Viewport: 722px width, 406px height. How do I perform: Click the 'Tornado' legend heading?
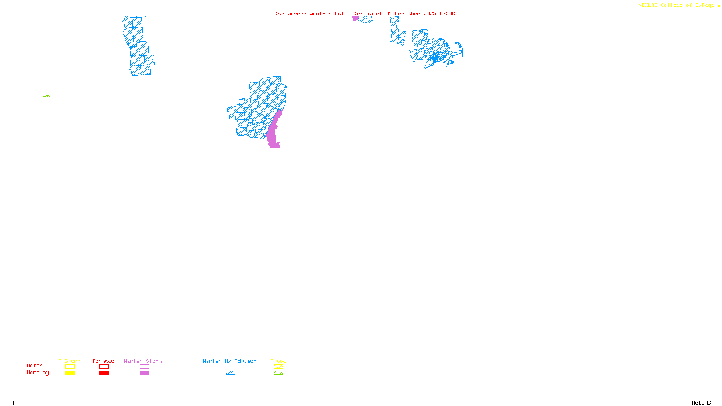[103, 361]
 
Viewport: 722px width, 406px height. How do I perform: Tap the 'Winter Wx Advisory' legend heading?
[231, 361]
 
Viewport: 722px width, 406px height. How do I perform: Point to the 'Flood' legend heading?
[278, 361]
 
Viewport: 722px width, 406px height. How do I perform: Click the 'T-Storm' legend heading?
[69, 361]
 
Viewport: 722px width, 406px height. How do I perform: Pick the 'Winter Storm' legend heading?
[143, 361]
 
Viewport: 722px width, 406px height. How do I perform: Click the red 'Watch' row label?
[35, 365]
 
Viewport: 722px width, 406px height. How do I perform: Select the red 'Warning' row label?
[38, 373]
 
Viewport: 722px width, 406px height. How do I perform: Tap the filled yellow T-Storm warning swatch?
[70, 373]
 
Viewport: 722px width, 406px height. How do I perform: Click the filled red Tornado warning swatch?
[104, 373]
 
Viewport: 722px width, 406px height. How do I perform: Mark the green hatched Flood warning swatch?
[278, 373]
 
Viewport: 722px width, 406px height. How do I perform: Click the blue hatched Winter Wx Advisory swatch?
[230, 373]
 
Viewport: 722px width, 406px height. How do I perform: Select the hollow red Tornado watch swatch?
[104, 367]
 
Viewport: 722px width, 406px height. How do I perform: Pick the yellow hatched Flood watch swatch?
[278, 367]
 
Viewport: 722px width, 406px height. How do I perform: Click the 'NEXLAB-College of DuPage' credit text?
[676, 5]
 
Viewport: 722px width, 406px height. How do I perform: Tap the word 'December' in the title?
[407, 14]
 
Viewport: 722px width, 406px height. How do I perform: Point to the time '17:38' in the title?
[447, 14]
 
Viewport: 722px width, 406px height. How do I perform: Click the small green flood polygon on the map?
[46, 96]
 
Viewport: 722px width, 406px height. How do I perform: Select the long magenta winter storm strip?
[273, 131]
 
